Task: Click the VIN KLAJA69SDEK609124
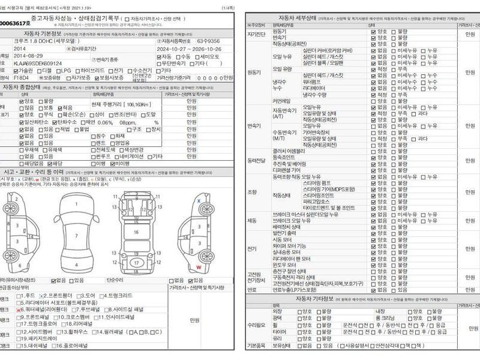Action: tap(37, 63)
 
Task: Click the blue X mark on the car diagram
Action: tap(199, 200)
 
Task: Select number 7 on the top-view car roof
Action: tap(76, 235)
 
